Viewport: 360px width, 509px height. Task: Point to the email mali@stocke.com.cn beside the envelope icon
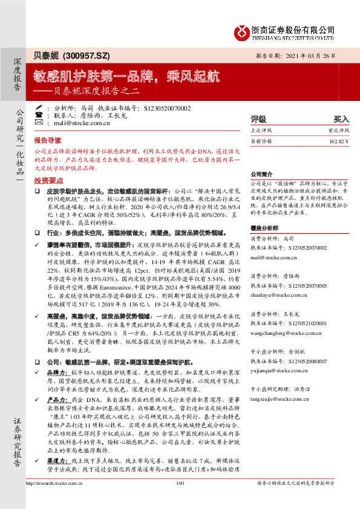82,123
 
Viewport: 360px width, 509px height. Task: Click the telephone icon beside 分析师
39,114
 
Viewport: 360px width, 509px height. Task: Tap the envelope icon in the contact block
39,123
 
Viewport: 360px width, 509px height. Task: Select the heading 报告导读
48,139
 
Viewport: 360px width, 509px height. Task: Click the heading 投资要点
48,181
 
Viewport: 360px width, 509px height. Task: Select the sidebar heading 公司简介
263,172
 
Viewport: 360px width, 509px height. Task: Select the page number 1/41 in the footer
179,499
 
